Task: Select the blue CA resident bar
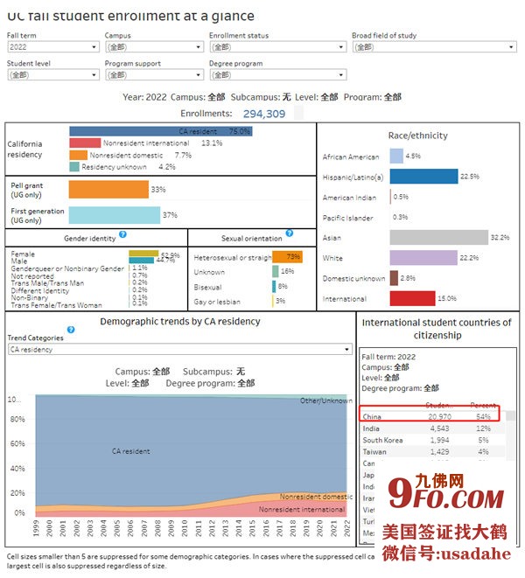click(160, 131)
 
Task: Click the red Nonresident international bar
click(85, 143)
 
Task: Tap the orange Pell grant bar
click(108, 189)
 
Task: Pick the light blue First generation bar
click(114, 214)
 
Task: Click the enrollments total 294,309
click(263, 114)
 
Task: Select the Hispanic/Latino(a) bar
click(423, 177)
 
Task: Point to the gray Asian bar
click(438, 238)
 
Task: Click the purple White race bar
click(423, 258)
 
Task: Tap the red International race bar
click(412, 298)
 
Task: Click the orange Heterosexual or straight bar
click(287, 257)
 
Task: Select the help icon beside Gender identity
click(122, 234)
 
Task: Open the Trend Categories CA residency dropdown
click(178, 349)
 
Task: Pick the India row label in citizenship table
click(371, 428)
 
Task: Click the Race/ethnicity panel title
click(417, 136)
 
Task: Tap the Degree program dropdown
click(276, 75)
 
